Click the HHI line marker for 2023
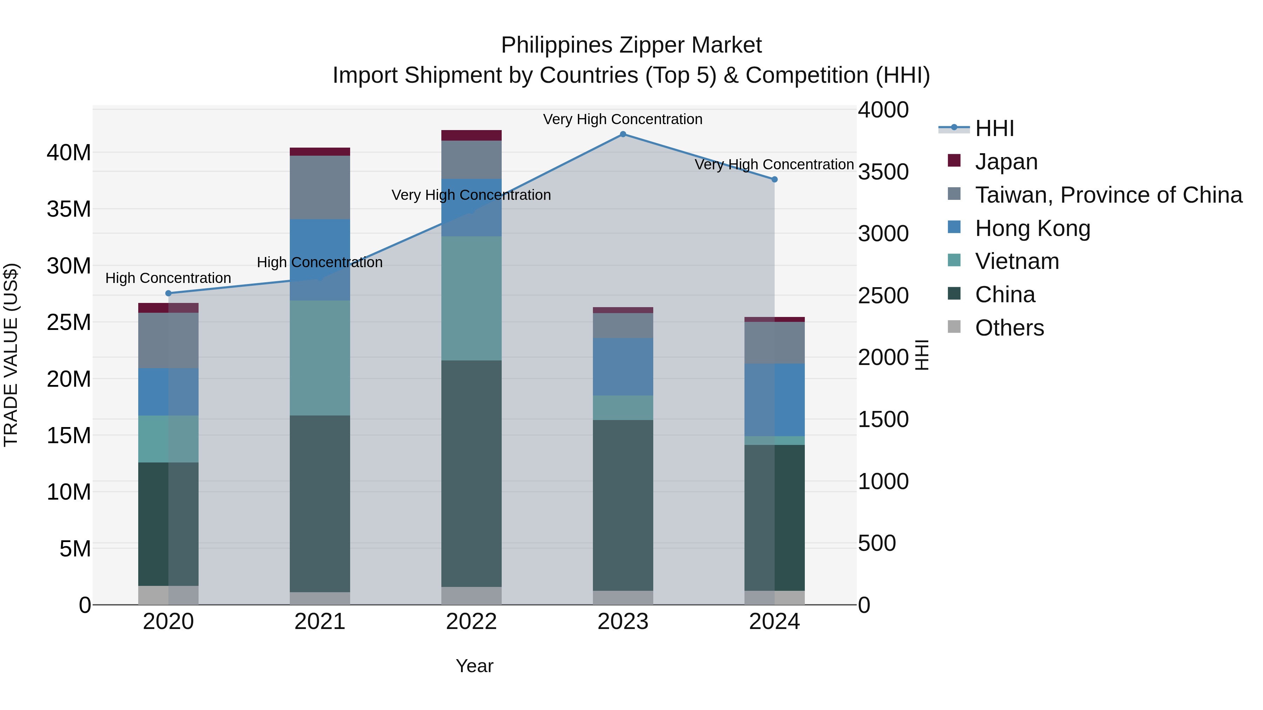(623, 134)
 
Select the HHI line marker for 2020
(168, 293)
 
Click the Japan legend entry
(1006, 162)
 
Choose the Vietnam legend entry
(1017, 261)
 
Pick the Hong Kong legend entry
(1033, 228)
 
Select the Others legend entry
(1009, 328)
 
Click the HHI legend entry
(994, 128)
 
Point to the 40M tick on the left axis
(69, 153)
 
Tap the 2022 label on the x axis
(471, 622)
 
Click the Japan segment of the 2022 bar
(471, 135)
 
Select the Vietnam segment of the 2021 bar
(320, 358)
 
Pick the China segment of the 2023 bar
(623, 505)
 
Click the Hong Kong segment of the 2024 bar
(775, 400)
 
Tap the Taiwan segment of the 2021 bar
(320, 187)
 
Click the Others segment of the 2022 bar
(471, 595)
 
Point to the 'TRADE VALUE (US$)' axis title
(11, 355)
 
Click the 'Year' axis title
(474, 666)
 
